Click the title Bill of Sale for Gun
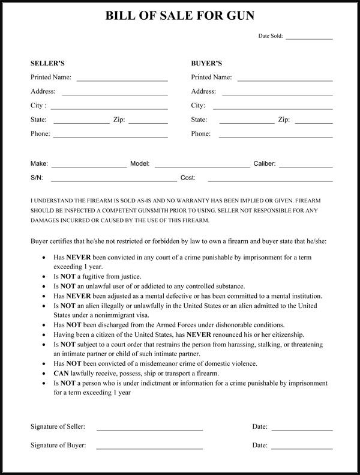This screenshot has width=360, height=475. point(179,16)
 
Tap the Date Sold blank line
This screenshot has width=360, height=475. point(309,39)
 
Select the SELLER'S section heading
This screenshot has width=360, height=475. point(47,62)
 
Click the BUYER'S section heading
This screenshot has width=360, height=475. point(206,62)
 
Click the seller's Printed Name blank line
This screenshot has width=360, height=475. point(122,80)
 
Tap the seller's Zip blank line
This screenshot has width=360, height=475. point(148,123)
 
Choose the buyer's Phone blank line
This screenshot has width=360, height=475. point(276,138)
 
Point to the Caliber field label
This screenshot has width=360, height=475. point(264,163)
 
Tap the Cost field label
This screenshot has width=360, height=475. point(188,178)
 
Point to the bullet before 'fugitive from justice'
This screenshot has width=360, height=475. point(46,276)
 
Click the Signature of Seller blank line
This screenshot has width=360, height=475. point(149,429)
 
